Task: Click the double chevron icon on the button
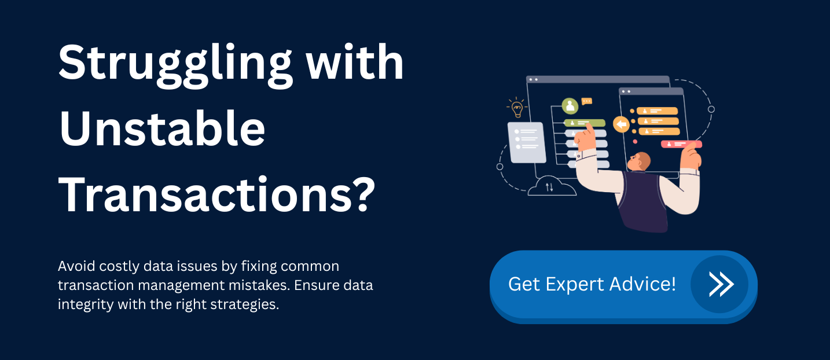click(x=720, y=284)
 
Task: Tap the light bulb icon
click(x=516, y=106)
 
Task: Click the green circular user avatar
click(x=570, y=106)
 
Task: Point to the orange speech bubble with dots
click(x=587, y=101)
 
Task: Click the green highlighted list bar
click(x=585, y=123)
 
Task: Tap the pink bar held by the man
click(x=681, y=144)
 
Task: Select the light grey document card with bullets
click(x=526, y=142)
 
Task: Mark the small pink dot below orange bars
click(x=635, y=141)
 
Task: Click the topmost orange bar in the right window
click(x=657, y=111)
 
